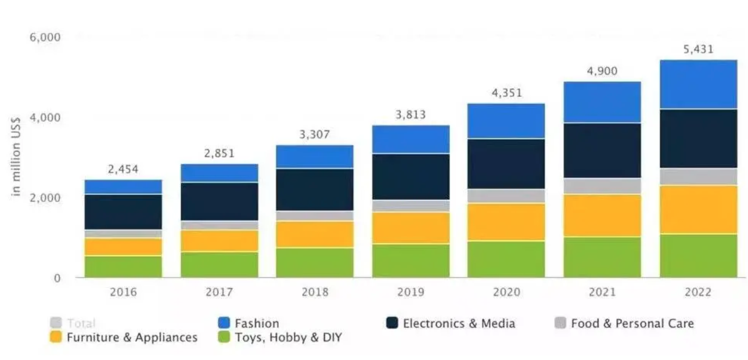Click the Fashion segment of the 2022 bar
point(699,84)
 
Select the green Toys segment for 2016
point(123,267)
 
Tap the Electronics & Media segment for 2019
point(411,177)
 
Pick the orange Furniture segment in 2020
point(506,222)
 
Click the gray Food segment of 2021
point(603,186)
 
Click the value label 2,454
point(123,170)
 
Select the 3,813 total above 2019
point(411,115)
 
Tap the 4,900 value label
point(603,71)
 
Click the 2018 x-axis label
point(315,292)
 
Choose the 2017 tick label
point(219,292)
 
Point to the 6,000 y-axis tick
point(45,38)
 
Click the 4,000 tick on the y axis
point(45,118)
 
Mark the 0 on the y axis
point(56,279)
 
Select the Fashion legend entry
point(256,323)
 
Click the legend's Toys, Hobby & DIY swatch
point(224,337)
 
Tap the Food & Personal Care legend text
point(632,323)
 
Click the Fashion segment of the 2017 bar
point(219,173)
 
